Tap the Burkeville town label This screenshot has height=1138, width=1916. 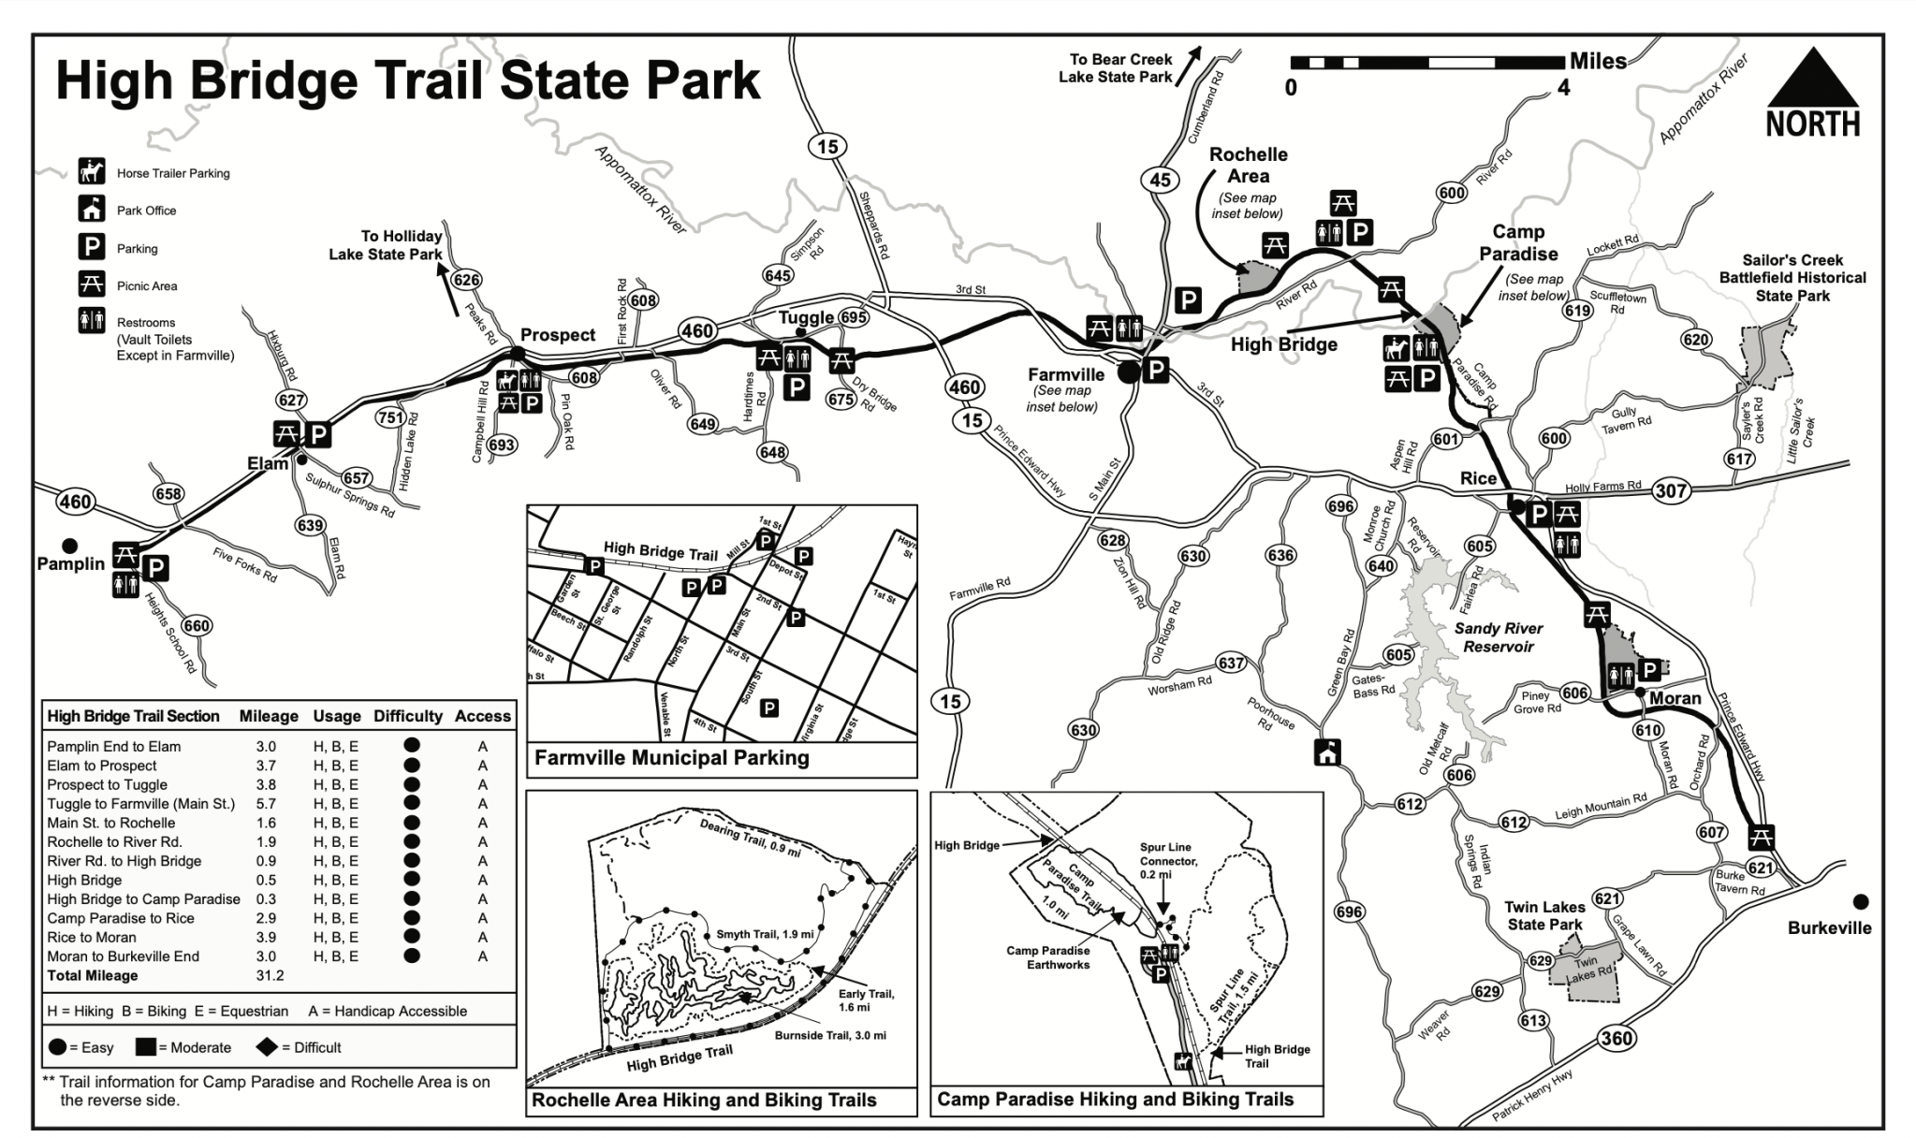(1829, 928)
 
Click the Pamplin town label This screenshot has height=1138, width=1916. (71, 563)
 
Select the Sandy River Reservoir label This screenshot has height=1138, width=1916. (1499, 637)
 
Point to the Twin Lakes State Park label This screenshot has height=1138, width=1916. (1544, 915)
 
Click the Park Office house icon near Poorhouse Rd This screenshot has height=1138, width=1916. (1327, 751)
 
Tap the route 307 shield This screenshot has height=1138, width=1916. (1671, 490)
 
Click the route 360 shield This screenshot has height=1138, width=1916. (1616, 1038)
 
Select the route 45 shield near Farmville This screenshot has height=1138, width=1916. (1160, 180)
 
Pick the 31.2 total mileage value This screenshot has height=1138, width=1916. (270, 975)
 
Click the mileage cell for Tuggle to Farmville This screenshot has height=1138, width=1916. (267, 804)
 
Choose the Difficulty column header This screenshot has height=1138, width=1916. (407, 716)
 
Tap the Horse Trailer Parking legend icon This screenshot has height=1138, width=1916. (92, 172)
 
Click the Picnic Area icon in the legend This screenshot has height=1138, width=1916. (92, 284)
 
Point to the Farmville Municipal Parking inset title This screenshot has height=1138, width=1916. (671, 758)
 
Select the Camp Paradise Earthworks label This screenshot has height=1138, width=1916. (1047, 957)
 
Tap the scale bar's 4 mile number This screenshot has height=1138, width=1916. (1563, 89)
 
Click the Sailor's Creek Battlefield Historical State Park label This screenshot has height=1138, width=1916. (1792, 278)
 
